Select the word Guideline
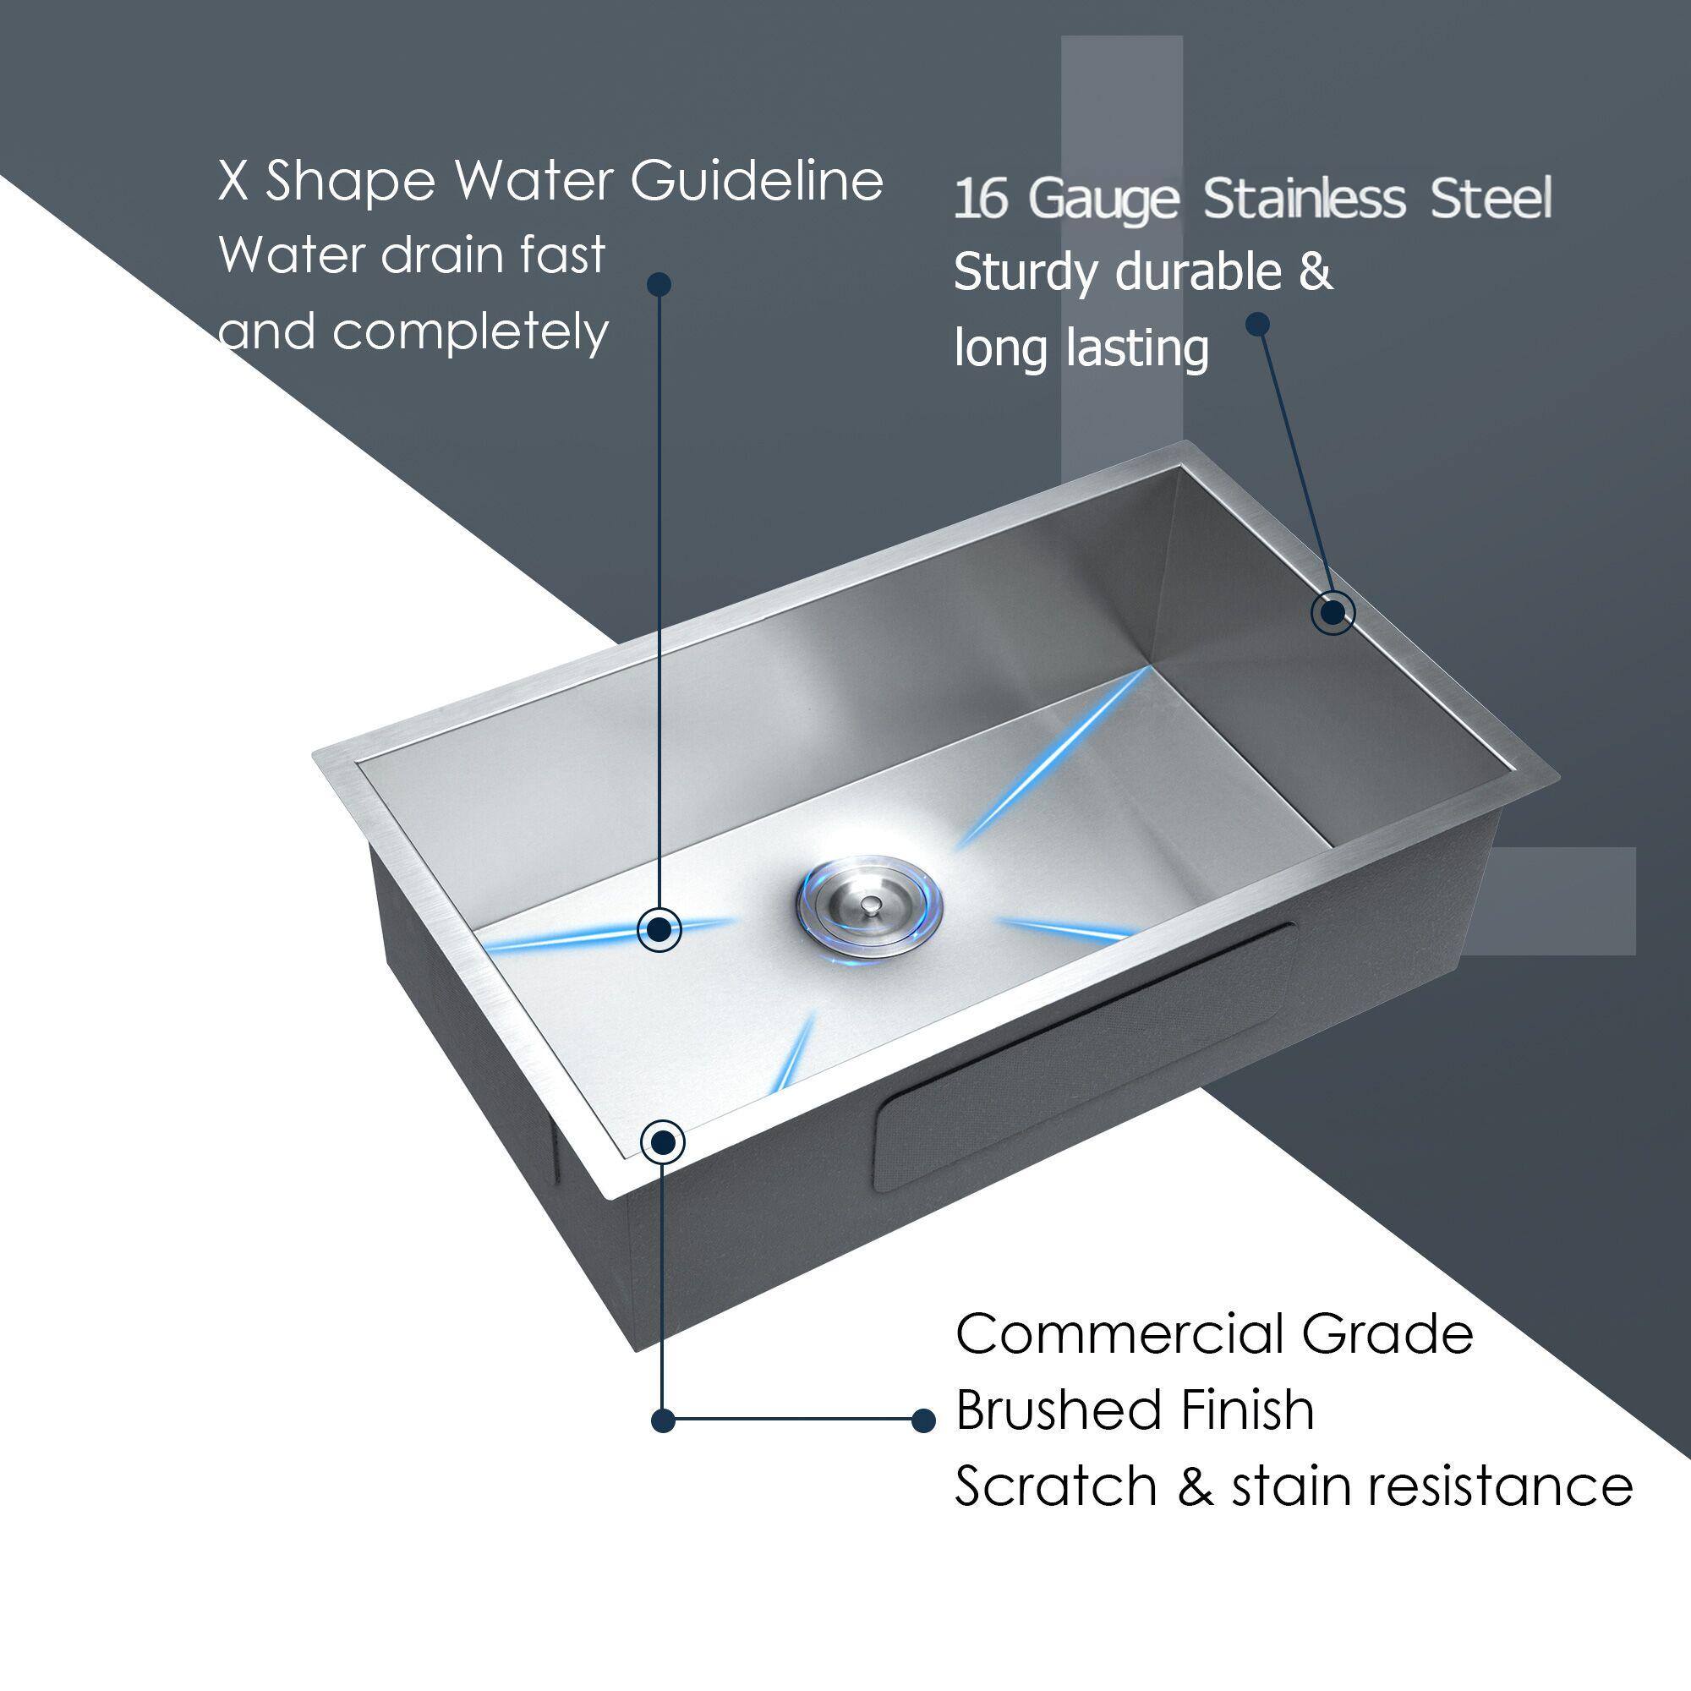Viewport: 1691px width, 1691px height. click(756, 180)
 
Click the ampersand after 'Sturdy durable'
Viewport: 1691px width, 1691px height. click(1316, 272)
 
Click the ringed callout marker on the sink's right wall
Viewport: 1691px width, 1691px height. click(1333, 613)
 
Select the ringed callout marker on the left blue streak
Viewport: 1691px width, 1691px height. click(660, 928)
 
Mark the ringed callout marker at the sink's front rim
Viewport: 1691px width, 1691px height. click(663, 1141)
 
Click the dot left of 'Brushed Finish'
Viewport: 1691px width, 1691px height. click(922, 1420)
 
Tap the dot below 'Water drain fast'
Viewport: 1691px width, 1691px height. click(660, 283)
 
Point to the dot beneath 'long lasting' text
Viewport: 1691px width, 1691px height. click(1258, 325)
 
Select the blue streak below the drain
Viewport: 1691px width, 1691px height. click(795, 1053)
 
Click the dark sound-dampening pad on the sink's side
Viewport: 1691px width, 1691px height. click(1086, 1059)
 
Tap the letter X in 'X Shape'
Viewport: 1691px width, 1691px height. click(233, 182)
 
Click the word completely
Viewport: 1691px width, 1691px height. click(470, 332)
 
